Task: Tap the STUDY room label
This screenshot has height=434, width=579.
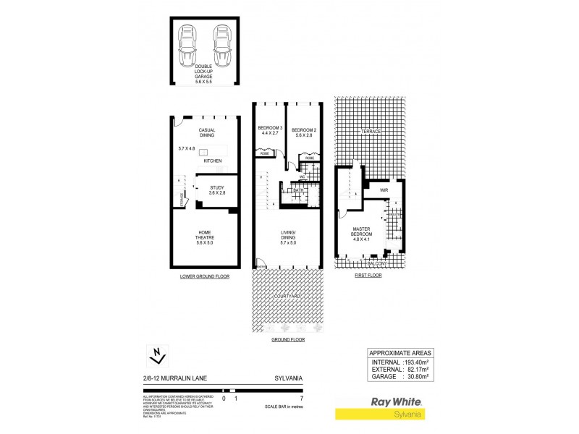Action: point(218,190)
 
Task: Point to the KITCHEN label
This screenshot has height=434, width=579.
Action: point(213,161)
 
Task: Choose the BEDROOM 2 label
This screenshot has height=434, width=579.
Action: point(303,130)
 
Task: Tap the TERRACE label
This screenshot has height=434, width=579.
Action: point(371,131)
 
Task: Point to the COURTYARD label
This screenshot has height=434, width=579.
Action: point(289,297)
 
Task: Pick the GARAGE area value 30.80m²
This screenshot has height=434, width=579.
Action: point(415,376)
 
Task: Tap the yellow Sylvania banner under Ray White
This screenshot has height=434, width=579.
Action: point(379,414)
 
